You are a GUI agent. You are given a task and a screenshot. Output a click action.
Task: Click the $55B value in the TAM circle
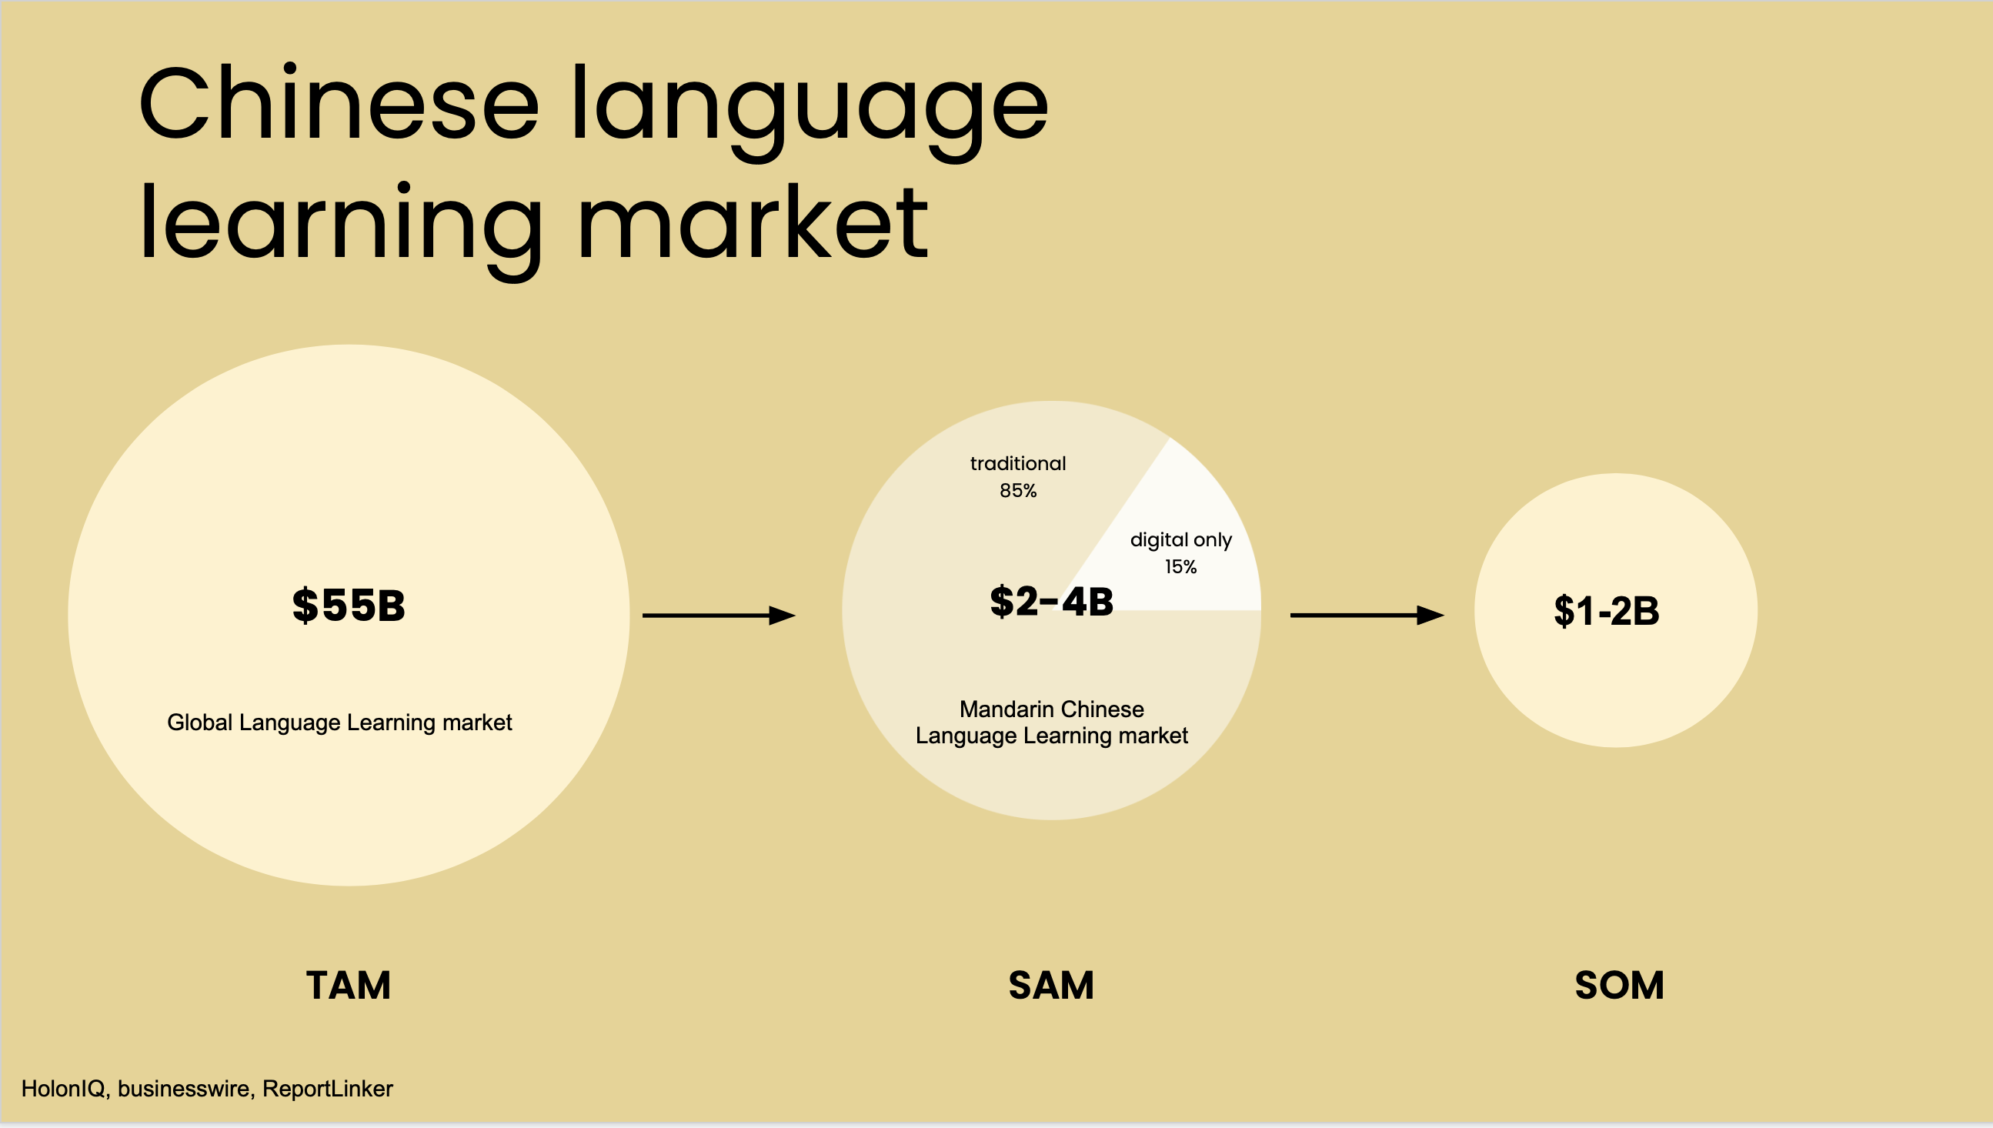[349, 605]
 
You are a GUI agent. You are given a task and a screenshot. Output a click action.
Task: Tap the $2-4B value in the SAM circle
[1051, 601]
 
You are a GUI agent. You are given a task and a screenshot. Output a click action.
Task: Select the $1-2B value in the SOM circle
[1607, 610]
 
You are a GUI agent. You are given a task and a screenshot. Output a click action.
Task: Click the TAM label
[349, 986]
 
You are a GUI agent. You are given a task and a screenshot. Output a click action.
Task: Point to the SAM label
[1051, 986]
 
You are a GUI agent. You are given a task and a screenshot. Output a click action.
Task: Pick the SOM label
[1619, 986]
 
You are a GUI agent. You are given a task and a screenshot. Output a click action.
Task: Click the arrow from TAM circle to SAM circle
[719, 615]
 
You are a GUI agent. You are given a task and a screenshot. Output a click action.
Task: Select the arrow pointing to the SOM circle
[1367, 615]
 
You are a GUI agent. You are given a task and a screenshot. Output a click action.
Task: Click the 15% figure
[1180, 567]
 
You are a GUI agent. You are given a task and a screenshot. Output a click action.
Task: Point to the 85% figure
[1018, 490]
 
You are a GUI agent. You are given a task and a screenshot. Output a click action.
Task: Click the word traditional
[1018, 463]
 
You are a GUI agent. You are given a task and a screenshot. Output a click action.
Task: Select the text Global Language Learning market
[339, 723]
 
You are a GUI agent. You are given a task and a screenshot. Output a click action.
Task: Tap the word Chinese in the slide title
[339, 103]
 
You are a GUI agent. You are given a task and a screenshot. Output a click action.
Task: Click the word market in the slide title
[753, 222]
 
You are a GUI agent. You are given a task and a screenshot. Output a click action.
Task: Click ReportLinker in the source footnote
[328, 1089]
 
